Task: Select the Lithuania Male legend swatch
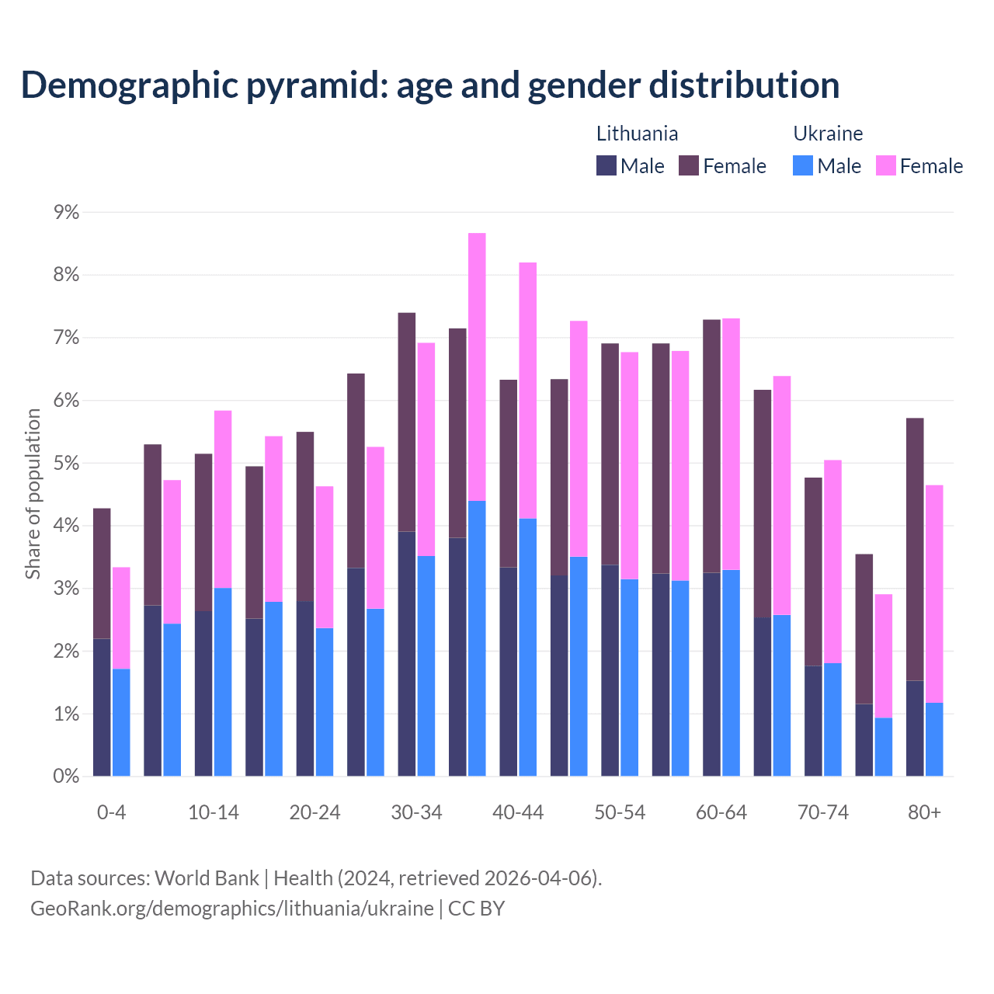coord(606,165)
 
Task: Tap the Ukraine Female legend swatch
coord(886,165)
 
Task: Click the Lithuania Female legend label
coord(734,166)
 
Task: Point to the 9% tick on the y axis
coord(66,212)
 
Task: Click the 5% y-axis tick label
coord(66,464)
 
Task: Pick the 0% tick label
coord(66,777)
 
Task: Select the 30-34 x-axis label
coord(416,813)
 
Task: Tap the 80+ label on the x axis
coord(924,813)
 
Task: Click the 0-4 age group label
coord(111,813)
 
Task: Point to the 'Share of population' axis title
coord(33,494)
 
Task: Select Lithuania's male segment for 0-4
coord(102,707)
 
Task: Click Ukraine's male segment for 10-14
coord(223,682)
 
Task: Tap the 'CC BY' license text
coord(477,909)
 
